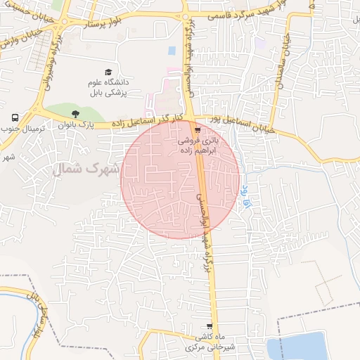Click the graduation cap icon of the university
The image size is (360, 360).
[x=108, y=72]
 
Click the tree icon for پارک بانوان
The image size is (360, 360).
[x=76, y=113]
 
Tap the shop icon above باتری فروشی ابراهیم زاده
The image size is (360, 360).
[x=198, y=129]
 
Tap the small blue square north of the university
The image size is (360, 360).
[x=172, y=51]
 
